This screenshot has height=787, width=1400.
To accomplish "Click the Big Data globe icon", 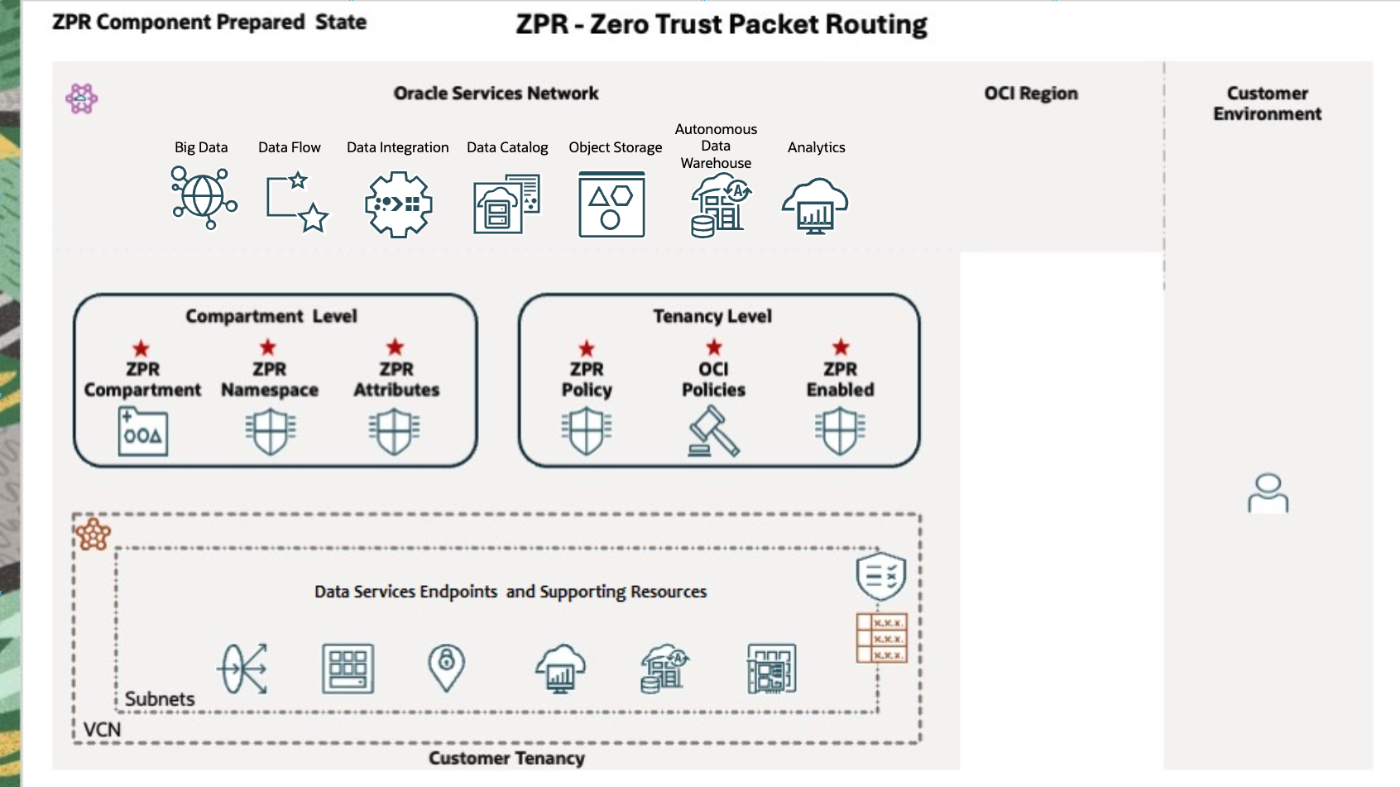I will tap(204, 198).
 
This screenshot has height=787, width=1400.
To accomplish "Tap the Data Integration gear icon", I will tap(399, 204).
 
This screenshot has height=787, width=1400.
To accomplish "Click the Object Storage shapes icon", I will tap(611, 204).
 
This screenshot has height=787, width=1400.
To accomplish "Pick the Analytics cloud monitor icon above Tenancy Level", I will tap(815, 206).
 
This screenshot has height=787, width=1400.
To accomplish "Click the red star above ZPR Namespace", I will tap(268, 348).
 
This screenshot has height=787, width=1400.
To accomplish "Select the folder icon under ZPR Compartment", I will tap(142, 432).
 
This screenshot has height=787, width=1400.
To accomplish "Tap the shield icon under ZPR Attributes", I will tap(395, 431).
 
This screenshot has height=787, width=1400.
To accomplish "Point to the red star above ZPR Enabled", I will tap(841, 348).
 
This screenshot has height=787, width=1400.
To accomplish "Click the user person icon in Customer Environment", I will tap(1268, 493).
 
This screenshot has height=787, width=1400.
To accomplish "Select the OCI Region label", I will tap(1030, 94).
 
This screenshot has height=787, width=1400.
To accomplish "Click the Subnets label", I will tap(160, 699).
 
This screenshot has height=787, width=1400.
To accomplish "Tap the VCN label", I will tap(103, 730).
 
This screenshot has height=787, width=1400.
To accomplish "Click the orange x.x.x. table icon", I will tap(881, 638).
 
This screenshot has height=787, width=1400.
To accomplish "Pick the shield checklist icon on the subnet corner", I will tap(880, 576).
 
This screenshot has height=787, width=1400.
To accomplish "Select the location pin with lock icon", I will tap(446, 667).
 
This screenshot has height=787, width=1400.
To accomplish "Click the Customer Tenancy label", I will tap(506, 758).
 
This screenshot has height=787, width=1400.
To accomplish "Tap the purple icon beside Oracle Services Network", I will tap(81, 98).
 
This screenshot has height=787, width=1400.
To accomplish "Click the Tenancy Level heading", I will tap(712, 316).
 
